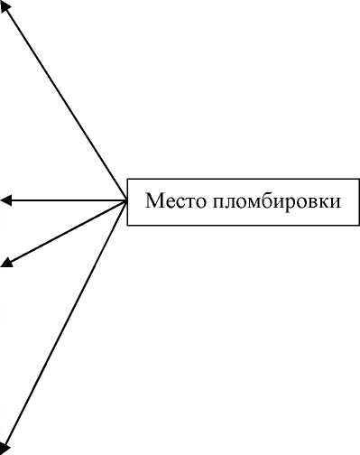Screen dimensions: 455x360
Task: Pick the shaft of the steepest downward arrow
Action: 65,322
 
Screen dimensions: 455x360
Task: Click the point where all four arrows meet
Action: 126,200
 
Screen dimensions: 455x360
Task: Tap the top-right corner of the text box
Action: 355,177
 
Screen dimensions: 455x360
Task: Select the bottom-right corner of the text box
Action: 355,224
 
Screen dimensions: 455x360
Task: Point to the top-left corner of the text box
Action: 127,177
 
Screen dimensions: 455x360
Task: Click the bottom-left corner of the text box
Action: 127,224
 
